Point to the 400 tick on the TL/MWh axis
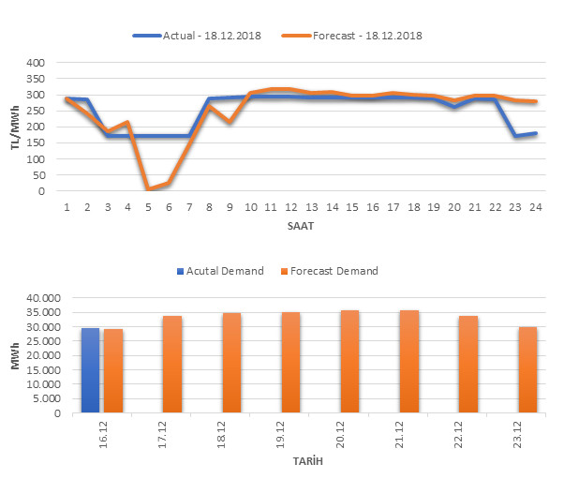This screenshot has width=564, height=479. [34, 63]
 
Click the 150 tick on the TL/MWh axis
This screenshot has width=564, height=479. [34, 143]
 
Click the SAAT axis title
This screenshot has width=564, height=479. [300, 227]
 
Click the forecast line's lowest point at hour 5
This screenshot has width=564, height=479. [149, 189]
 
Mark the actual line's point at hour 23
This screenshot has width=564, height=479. [514, 136]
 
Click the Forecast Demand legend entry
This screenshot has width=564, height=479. [334, 271]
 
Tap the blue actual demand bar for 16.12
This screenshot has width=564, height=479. [90, 370]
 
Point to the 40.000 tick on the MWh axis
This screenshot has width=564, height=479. [44, 298]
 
